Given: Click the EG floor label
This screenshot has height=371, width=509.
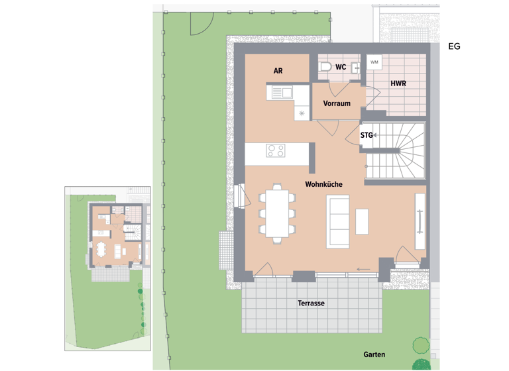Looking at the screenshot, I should coord(454,46).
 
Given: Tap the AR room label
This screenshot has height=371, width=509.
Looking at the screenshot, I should coord(278,70).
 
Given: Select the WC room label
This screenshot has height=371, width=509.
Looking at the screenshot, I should coord(341,67).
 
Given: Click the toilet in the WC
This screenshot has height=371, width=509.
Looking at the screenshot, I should coord(325,67).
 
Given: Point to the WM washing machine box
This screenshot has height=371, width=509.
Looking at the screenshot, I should coord(374,62).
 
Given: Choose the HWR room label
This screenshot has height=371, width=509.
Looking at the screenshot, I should coord(398,83).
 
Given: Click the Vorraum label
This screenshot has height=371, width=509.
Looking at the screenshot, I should coord(337,103).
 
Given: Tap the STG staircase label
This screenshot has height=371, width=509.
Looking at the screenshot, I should coord(366,135).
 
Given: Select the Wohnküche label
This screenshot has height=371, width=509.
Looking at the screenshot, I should coord(323,184).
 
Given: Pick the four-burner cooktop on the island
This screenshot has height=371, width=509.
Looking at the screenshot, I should coord(276,150).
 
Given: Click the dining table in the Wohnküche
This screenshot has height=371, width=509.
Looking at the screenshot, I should coord(274,212).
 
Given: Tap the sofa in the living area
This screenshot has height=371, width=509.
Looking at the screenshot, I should coord(337,221).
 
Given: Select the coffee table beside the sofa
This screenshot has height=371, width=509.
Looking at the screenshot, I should coord(362,221).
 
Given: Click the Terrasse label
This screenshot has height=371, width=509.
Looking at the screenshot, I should coord(311,303).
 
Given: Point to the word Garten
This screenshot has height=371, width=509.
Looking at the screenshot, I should coord(374,354).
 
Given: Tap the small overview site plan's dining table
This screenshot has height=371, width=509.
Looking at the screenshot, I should coord(101,250).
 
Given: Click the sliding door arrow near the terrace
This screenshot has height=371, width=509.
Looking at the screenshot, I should coord(363,269).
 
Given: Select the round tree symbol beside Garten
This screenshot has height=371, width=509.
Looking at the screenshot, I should coord(421,346).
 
